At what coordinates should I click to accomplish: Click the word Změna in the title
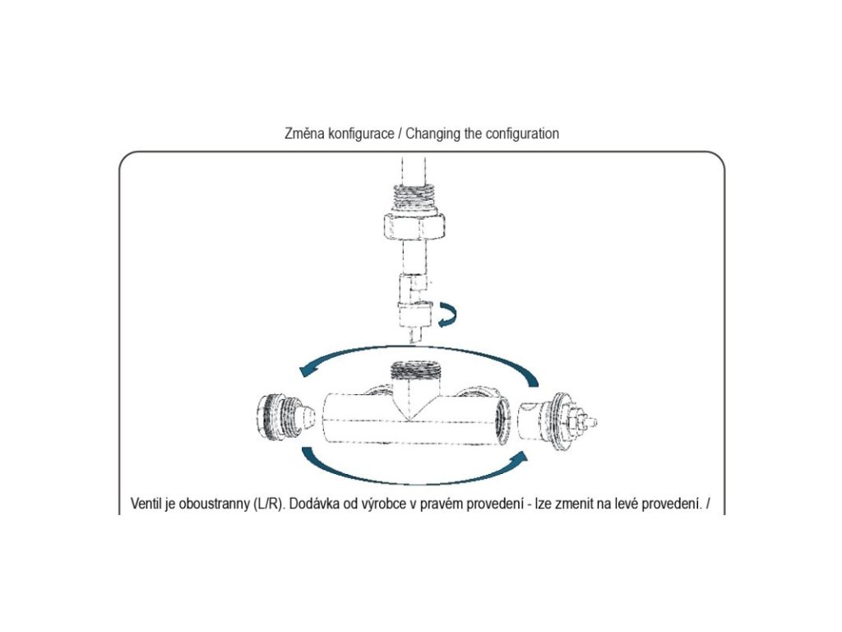click(301, 133)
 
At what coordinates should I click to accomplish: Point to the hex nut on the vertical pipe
click(414, 223)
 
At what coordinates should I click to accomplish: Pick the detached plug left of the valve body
click(285, 416)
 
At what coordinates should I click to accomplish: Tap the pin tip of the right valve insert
click(591, 423)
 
